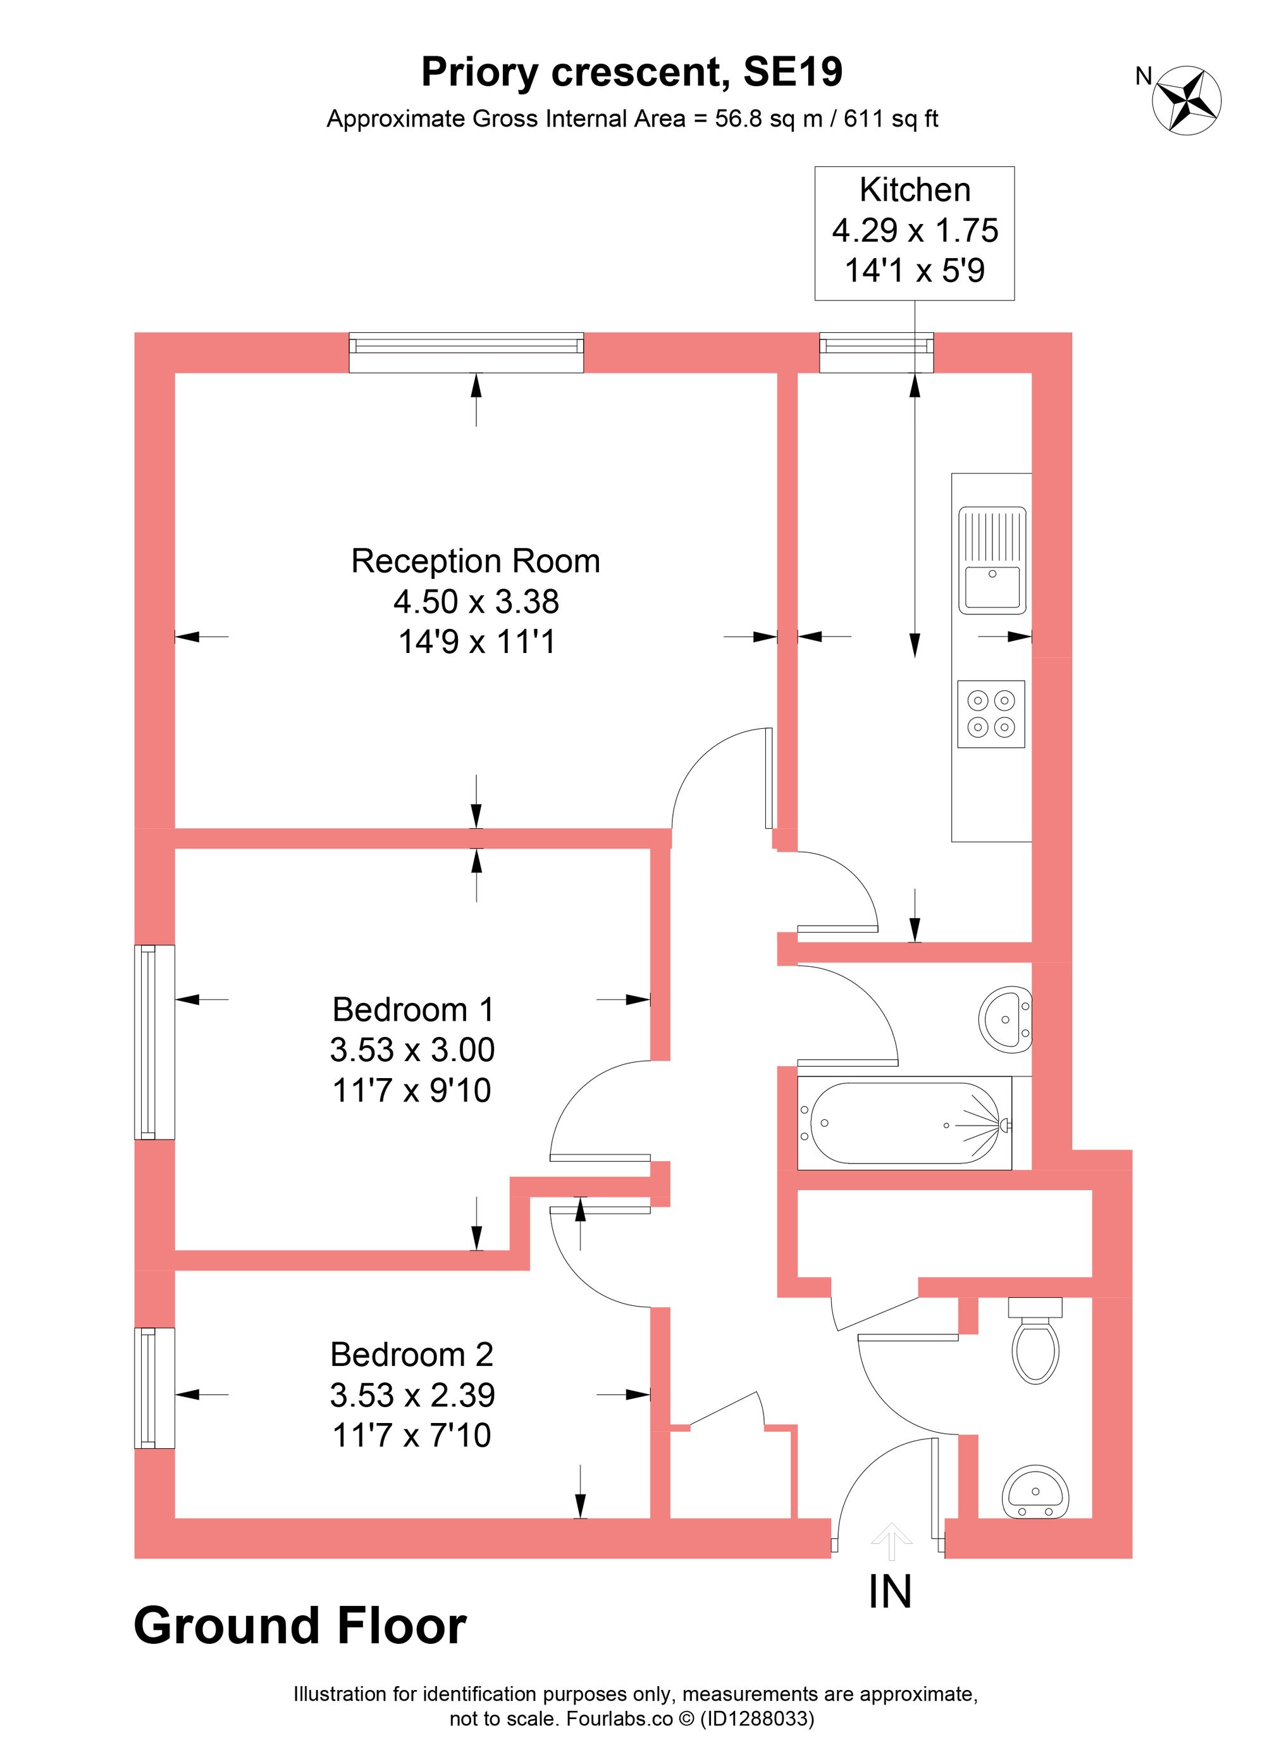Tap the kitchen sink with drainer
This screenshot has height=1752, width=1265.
coord(992,560)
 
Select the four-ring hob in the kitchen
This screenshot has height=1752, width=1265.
coord(991,714)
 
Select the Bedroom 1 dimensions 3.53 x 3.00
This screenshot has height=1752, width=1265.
coord(412,1050)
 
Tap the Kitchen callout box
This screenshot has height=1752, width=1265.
coord(915,232)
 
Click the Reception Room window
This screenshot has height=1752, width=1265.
coord(466,352)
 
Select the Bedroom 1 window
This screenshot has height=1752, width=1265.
coord(154,1042)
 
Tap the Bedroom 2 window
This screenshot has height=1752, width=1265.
coord(154,1388)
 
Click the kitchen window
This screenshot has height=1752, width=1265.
coord(876,352)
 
